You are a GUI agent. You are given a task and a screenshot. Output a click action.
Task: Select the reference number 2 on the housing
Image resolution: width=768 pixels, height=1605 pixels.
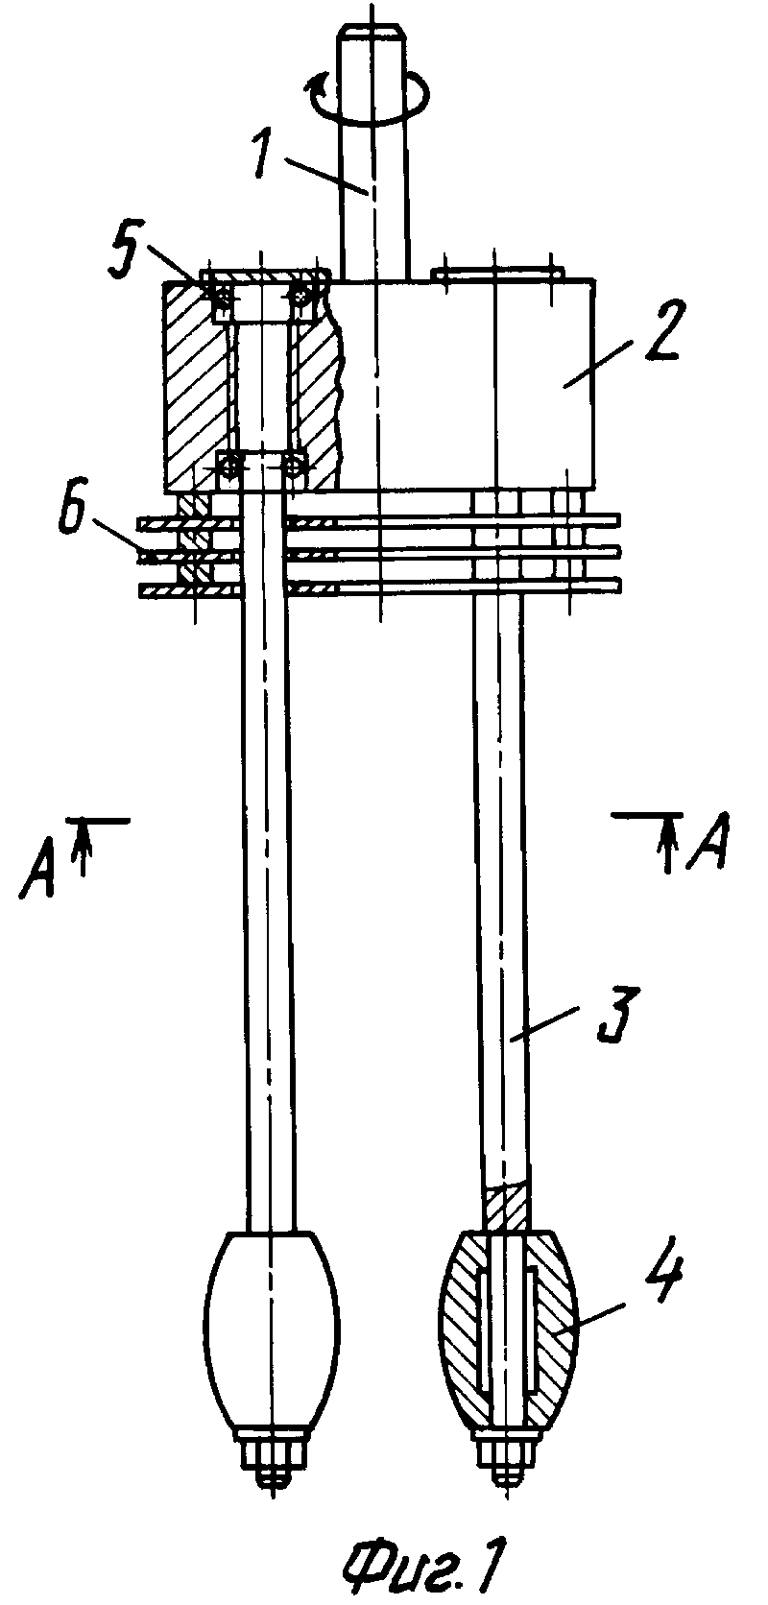point(655,332)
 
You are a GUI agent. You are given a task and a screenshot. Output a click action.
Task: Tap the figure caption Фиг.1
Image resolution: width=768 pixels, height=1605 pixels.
point(422,1570)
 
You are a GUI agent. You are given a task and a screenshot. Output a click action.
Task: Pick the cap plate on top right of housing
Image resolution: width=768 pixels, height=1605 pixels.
point(497,273)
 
